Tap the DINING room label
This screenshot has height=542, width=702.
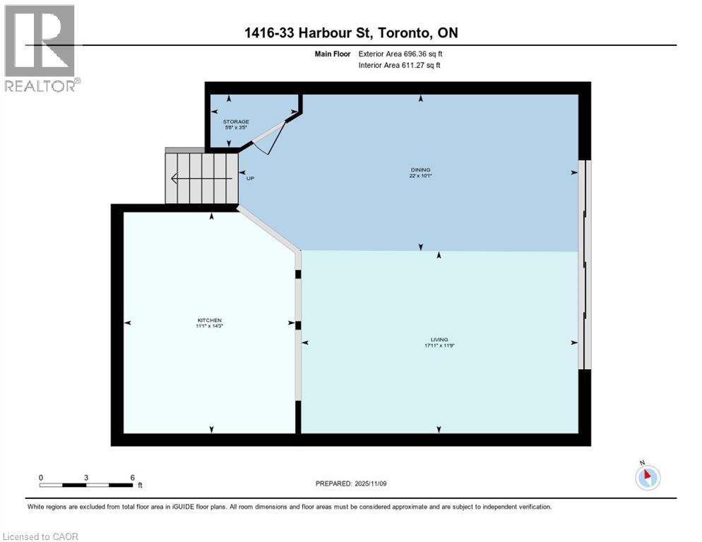tap(421, 169)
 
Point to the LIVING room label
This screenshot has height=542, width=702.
tap(439, 339)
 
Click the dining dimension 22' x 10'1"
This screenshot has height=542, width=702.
tap(421, 176)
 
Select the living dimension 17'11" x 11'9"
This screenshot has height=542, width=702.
tap(439, 346)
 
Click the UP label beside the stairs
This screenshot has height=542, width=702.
tap(250, 179)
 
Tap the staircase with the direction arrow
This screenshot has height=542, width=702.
tap(202, 179)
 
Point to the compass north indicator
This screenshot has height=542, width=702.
tap(647, 476)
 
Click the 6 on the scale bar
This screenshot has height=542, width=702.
tap(132, 478)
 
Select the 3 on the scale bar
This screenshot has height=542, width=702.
tap(86, 478)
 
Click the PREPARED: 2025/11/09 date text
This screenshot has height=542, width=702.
tap(352, 483)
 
